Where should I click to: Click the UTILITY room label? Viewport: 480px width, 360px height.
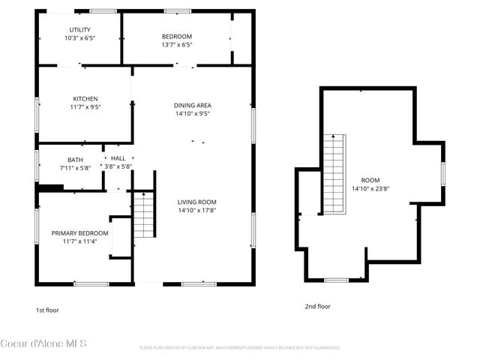click(x=79, y=29)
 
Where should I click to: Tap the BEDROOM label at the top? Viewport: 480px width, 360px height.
click(x=177, y=37)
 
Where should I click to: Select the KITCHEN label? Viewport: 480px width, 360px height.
click(x=85, y=99)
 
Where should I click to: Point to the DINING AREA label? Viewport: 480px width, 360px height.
click(x=192, y=106)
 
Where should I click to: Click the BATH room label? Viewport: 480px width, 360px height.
click(x=75, y=160)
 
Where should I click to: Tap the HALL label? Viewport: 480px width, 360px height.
click(x=118, y=158)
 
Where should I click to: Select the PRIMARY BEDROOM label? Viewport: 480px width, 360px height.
click(x=79, y=233)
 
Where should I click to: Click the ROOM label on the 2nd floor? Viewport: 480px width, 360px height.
click(x=370, y=180)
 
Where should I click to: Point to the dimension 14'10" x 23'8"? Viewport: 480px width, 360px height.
click(x=370, y=188)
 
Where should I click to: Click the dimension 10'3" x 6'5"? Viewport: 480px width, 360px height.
click(x=79, y=37)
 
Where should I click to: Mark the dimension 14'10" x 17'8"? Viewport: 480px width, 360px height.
click(x=196, y=211)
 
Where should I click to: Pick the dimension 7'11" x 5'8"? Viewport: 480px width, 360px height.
click(x=75, y=167)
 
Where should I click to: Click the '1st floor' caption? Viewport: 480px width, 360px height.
click(x=47, y=310)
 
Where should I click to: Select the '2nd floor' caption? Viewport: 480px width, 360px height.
click(x=317, y=306)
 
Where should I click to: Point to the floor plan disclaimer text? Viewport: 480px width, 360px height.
click(x=240, y=348)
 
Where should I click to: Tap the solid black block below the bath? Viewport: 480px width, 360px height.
click(x=51, y=189)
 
